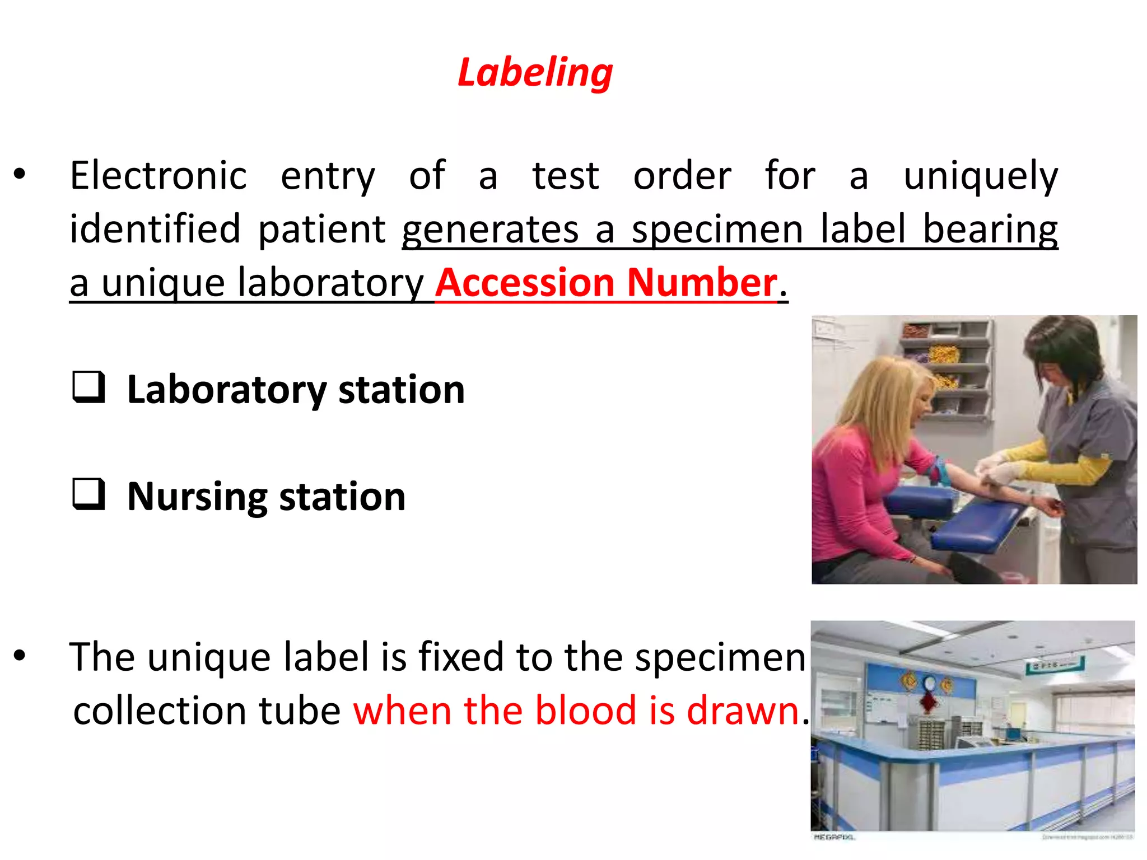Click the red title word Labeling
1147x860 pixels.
535,73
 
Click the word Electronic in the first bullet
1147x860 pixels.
158,176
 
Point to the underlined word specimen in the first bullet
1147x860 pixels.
717,230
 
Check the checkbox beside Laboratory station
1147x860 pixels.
88,387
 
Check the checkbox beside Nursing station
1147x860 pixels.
88,494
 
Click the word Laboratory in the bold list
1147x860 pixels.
227,390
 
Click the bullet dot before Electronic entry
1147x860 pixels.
20,174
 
